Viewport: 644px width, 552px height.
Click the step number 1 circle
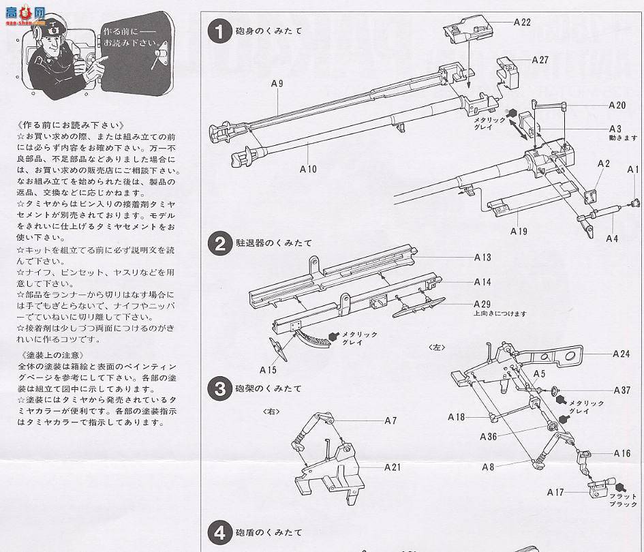click(x=219, y=31)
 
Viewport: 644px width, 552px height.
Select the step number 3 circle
click(x=219, y=389)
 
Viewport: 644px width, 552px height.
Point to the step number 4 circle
click(x=219, y=532)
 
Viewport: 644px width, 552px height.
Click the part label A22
click(x=522, y=22)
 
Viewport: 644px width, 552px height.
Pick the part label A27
click(x=540, y=59)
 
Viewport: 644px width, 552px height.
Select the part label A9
click(x=277, y=83)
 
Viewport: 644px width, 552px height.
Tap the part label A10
click(x=308, y=168)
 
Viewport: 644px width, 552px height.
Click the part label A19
click(x=519, y=231)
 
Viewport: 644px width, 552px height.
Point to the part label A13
click(x=482, y=258)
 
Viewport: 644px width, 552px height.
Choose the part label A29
click(x=482, y=303)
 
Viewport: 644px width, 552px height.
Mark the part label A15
click(x=269, y=369)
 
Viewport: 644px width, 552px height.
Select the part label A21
click(x=391, y=467)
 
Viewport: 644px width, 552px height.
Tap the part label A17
click(x=555, y=491)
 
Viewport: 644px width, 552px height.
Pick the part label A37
click(x=621, y=390)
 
